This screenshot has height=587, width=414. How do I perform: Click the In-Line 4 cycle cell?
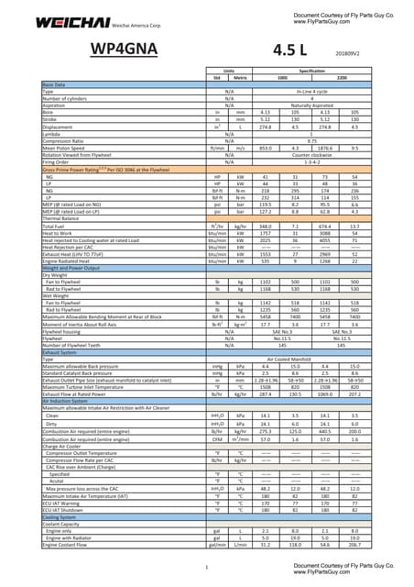311,90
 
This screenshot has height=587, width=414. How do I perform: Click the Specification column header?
311,70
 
